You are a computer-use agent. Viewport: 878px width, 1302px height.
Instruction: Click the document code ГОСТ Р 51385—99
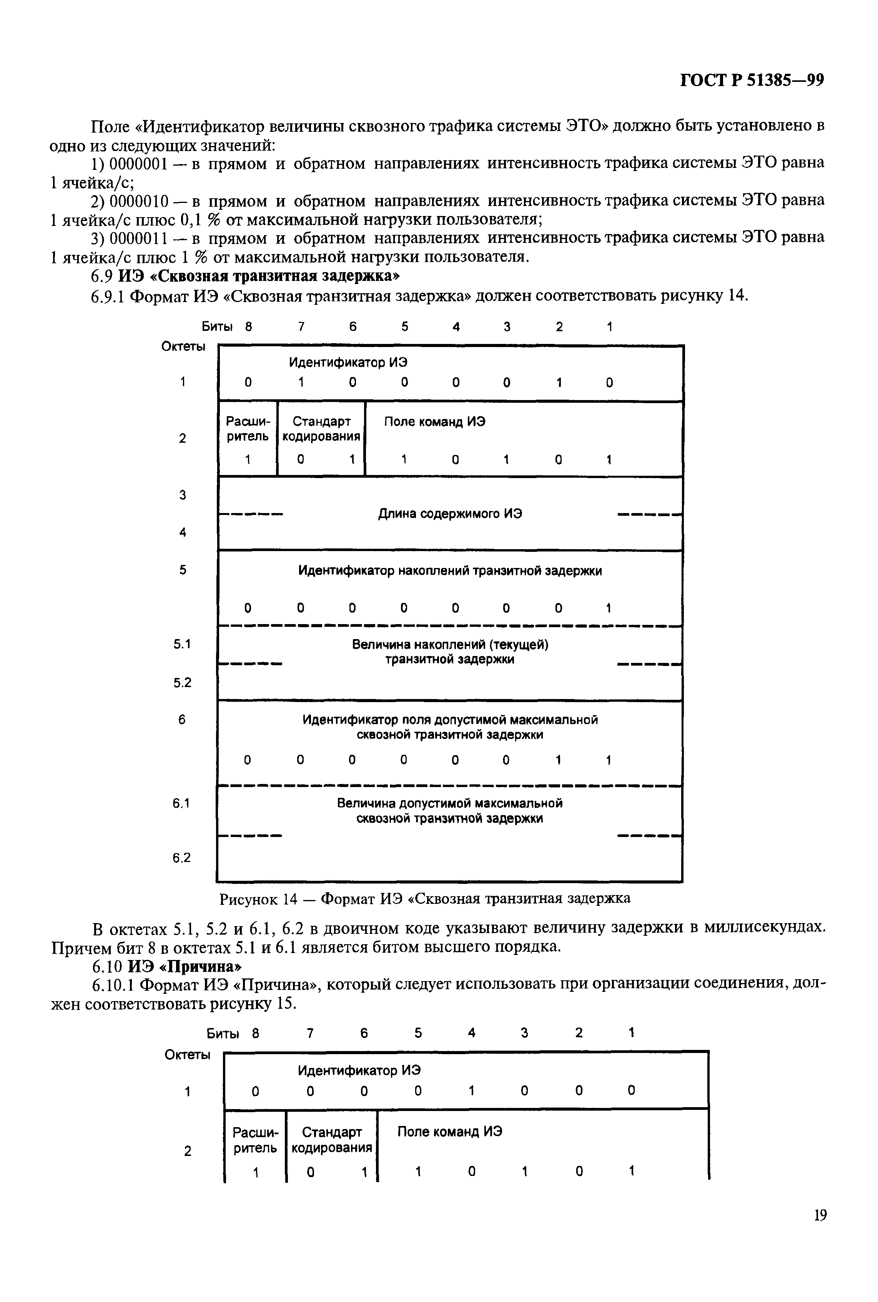[x=752, y=81]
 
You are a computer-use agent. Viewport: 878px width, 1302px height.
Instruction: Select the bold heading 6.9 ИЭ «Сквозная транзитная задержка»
[x=245, y=276]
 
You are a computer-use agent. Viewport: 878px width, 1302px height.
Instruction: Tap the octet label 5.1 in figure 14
[x=182, y=644]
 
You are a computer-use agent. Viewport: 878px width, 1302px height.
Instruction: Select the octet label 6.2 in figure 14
[x=182, y=857]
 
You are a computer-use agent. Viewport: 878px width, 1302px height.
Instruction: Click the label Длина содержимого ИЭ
[x=450, y=513]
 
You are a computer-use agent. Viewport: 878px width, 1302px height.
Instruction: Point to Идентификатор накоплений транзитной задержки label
[x=450, y=571]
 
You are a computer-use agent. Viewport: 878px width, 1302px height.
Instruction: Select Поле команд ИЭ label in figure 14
[x=434, y=422]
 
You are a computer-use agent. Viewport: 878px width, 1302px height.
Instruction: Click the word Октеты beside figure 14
[x=183, y=347]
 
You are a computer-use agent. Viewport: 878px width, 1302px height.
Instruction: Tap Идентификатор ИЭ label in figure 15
[x=359, y=1070]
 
